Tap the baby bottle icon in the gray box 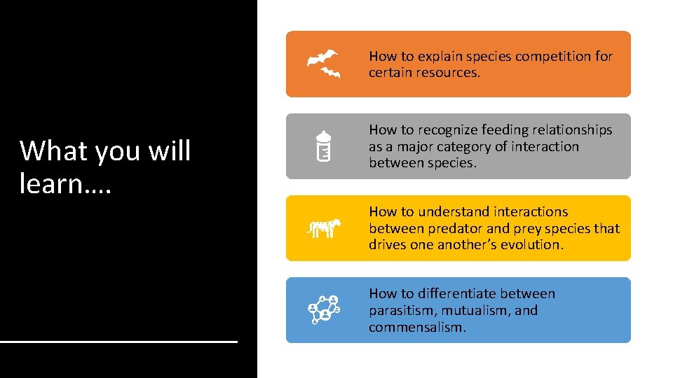point(323,146)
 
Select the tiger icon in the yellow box point(324,228)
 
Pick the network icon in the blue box point(324,310)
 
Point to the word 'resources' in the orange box point(449,73)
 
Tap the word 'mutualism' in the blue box point(477,311)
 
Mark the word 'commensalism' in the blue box point(416,328)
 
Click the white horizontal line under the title point(119,341)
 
